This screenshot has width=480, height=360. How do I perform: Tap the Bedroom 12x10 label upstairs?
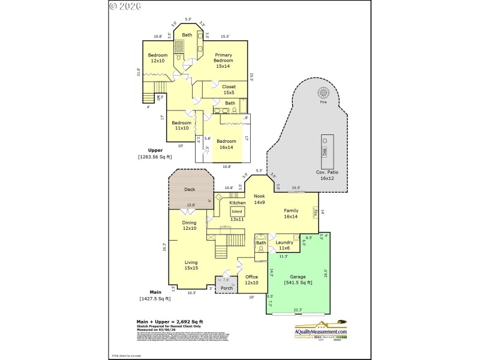pos(158,58)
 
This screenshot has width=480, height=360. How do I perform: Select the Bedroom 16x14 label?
pos(227,144)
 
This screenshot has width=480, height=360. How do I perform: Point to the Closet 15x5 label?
pos(229,90)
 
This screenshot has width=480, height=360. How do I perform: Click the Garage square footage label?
pos(293,279)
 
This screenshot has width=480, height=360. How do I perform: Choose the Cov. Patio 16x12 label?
pos(328,175)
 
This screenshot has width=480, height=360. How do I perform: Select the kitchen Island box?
pos(236,211)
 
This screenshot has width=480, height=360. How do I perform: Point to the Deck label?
pos(190,190)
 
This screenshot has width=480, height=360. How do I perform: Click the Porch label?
pos(226,288)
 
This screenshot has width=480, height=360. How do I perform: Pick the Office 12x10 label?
pos(251,280)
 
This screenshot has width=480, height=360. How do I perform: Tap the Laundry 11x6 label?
pos(284,245)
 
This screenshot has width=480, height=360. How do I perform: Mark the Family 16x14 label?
pos(291,214)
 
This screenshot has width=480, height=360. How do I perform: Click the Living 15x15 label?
pos(191,265)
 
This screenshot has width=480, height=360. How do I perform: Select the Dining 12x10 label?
pos(190,225)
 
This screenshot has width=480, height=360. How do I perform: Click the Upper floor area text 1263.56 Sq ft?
pos(155,157)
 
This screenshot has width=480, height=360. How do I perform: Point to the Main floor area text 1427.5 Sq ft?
pos(155,298)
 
